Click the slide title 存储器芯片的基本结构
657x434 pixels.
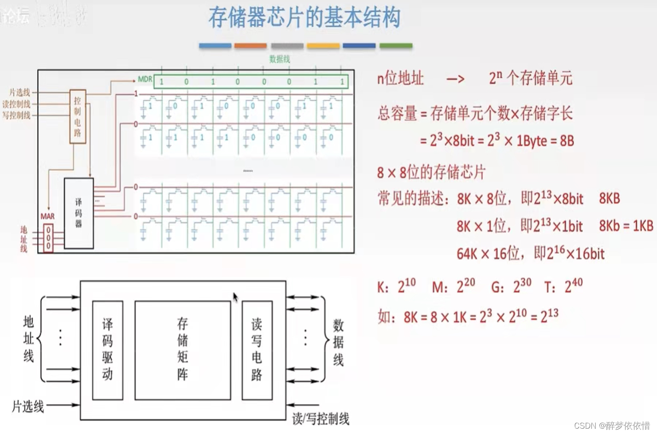click(x=304, y=18)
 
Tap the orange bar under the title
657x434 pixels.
click(x=250, y=46)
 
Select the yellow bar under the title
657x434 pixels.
click(x=323, y=46)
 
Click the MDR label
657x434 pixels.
click(x=145, y=79)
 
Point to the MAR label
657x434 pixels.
click(x=47, y=216)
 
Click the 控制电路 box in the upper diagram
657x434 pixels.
click(x=78, y=117)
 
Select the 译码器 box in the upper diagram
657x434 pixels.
click(x=78, y=213)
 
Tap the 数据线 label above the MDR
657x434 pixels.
click(x=279, y=59)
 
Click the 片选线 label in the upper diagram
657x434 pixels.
click(x=20, y=92)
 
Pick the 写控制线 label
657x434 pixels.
click(x=16, y=115)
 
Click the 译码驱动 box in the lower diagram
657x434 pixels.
click(x=107, y=350)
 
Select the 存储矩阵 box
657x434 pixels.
click(x=183, y=350)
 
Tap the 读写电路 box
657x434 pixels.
click(x=257, y=350)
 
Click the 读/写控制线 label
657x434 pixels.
click(x=321, y=418)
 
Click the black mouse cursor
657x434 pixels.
click(x=235, y=297)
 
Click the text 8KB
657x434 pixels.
click(x=609, y=199)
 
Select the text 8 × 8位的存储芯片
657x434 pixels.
click(x=431, y=172)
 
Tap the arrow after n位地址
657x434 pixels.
click(x=455, y=79)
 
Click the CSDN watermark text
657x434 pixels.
click(x=612, y=426)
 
